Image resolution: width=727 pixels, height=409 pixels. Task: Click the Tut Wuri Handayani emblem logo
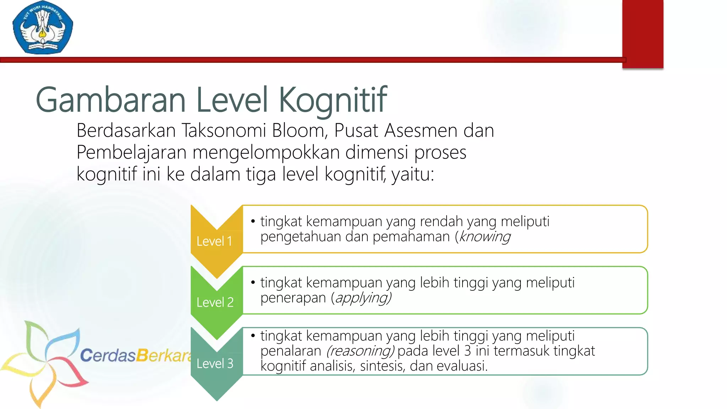click(43, 28)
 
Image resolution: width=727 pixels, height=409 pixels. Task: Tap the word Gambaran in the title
click(110, 100)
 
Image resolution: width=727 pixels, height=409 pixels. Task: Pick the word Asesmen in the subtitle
click(421, 130)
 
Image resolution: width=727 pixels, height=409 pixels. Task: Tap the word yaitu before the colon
click(412, 174)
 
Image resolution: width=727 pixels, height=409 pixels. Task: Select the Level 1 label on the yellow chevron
click(214, 241)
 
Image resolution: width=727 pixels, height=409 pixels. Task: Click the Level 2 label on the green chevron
click(215, 302)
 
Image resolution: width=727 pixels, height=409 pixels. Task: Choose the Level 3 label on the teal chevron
click(215, 364)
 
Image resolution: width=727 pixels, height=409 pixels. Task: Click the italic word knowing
click(485, 236)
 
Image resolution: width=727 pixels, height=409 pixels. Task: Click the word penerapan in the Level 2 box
click(293, 298)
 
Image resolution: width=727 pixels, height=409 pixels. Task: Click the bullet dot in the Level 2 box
click(253, 283)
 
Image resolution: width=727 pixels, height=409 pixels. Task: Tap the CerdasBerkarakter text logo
click(135, 355)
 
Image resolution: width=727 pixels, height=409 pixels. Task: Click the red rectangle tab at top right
click(643, 34)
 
